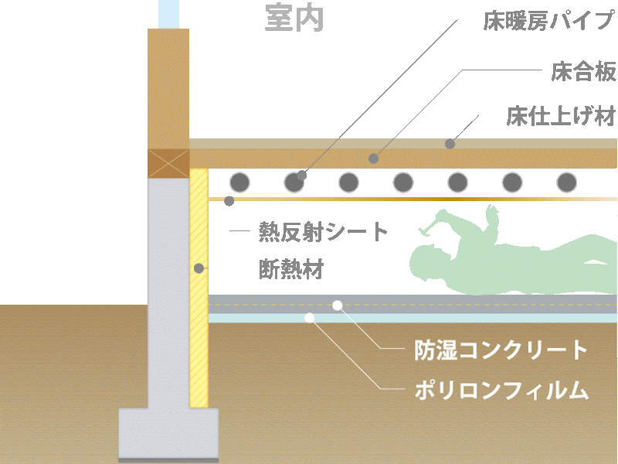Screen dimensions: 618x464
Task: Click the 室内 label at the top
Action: click(x=294, y=18)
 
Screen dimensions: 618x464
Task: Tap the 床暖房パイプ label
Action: click(x=549, y=21)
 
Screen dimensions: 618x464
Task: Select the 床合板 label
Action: click(x=583, y=71)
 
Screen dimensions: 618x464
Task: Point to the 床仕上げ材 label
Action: click(x=561, y=116)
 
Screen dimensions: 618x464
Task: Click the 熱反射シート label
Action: click(x=323, y=231)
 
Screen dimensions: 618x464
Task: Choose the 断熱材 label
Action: click(x=291, y=269)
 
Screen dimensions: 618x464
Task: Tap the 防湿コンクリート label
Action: click(x=501, y=350)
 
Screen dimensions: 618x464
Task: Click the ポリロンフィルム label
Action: click(x=501, y=390)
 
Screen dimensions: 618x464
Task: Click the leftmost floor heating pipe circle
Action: click(x=239, y=183)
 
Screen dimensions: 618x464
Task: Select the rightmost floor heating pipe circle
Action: click(x=566, y=183)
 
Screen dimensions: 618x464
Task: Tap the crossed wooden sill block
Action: click(x=168, y=163)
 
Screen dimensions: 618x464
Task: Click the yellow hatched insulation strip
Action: click(x=199, y=288)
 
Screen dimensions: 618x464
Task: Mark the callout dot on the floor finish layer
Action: click(x=450, y=144)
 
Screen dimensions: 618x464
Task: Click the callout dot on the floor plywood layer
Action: click(x=373, y=159)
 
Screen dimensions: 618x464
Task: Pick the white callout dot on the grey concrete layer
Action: click(x=338, y=305)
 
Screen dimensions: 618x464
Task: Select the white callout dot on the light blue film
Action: click(x=310, y=318)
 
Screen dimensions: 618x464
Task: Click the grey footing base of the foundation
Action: click(x=168, y=434)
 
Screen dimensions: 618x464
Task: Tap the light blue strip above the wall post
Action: click(x=168, y=14)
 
